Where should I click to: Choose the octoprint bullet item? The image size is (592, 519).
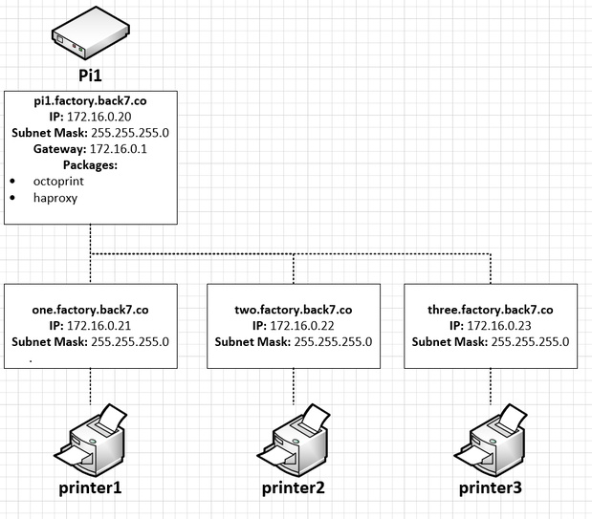[x=56, y=182]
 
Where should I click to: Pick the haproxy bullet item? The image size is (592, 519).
[x=54, y=199]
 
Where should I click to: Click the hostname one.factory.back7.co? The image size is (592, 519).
[x=90, y=311]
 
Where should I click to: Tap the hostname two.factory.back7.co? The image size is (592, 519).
[x=293, y=311]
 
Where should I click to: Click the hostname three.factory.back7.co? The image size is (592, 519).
[x=491, y=311]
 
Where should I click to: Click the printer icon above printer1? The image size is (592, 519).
[x=90, y=440]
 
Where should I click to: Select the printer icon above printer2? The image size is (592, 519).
[x=293, y=440]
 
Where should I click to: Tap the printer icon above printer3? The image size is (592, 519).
[x=491, y=440]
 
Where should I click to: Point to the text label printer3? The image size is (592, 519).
[x=491, y=488]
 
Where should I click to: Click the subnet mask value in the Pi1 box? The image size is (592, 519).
[x=130, y=132]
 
